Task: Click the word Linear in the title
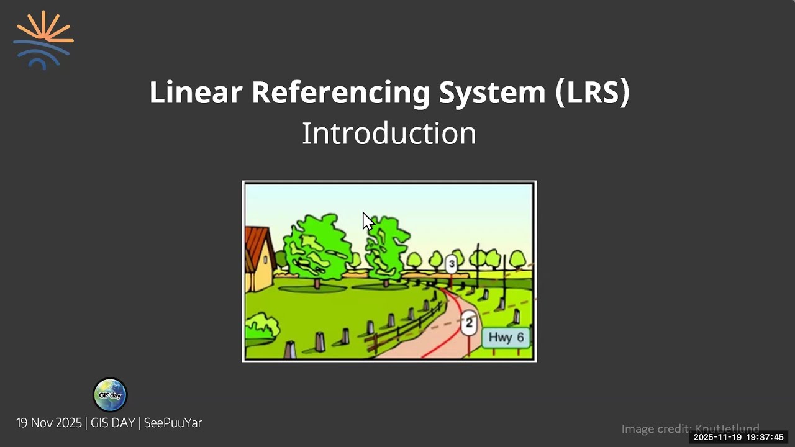tap(195, 92)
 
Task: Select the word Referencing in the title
tap(340, 92)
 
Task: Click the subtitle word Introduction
tap(389, 133)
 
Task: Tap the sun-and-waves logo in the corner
tap(43, 39)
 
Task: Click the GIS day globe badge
tap(110, 395)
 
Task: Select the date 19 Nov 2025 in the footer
tap(48, 423)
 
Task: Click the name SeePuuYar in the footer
tap(173, 423)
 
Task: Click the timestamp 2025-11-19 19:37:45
tap(738, 437)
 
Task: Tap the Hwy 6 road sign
tap(506, 338)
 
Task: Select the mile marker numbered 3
tap(452, 264)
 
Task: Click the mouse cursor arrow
tap(367, 220)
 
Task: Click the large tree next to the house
tap(317, 248)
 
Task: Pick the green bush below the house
tap(261, 328)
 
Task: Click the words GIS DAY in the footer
tap(112, 423)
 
